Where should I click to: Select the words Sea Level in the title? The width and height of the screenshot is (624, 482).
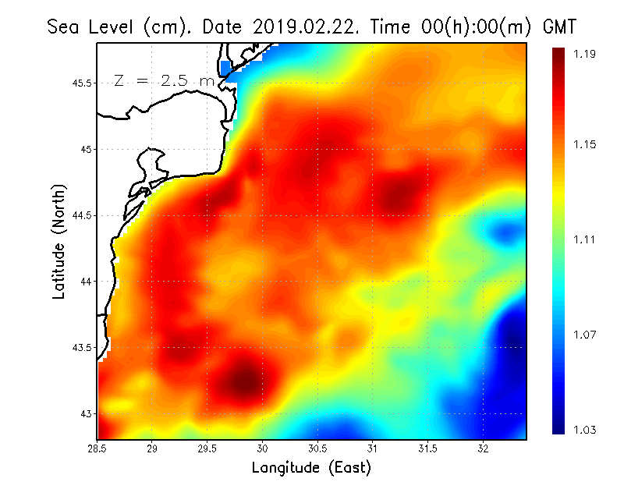[x=94, y=27]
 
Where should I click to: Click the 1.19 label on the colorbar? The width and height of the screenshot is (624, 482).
[x=586, y=54]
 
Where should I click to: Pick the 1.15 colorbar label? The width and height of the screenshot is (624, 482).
[x=586, y=144]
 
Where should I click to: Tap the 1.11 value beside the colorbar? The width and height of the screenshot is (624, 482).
[x=586, y=239]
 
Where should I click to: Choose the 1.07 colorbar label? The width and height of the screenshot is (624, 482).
[x=586, y=335]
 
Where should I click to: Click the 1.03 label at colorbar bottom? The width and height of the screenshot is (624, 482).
[x=586, y=430]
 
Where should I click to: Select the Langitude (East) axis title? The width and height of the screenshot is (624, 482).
[x=311, y=468]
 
